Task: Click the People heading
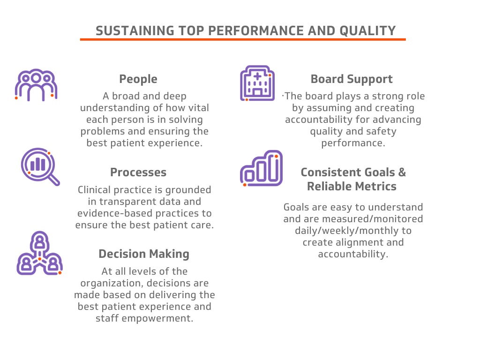tap(138, 79)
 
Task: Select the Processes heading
tap(138, 172)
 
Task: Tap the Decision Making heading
tap(144, 254)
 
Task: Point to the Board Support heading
tap(352, 79)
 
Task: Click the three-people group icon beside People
tap(36, 85)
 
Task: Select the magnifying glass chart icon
tap(40, 166)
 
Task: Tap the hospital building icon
tap(257, 83)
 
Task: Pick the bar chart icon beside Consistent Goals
tap(261, 168)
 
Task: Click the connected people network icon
tap(39, 253)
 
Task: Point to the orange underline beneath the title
tap(243, 39)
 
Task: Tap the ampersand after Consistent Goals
tap(402, 172)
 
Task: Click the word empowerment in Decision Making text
tap(157, 318)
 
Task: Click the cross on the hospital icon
tap(257, 76)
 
